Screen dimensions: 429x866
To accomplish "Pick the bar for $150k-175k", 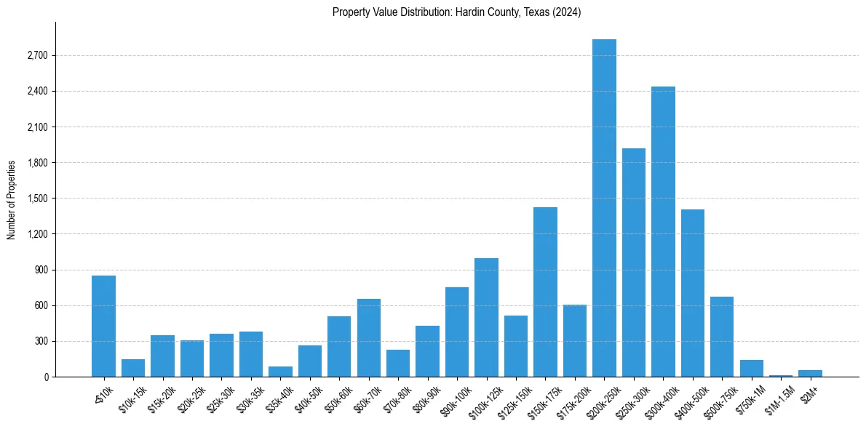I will pyautogui.click(x=545, y=292).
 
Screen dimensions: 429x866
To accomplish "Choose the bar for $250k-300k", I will pyautogui.click(x=634, y=262).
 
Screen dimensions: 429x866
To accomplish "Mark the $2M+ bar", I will pyautogui.click(x=810, y=374).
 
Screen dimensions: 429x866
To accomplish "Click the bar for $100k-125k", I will pyautogui.click(x=486, y=317).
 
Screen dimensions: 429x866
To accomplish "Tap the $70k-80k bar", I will pyautogui.click(x=398, y=363).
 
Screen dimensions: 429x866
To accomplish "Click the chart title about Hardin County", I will pyautogui.click(x=456, y=12).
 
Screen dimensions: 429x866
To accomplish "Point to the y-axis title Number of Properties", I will pyautogui.click(x=12, y=199).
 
